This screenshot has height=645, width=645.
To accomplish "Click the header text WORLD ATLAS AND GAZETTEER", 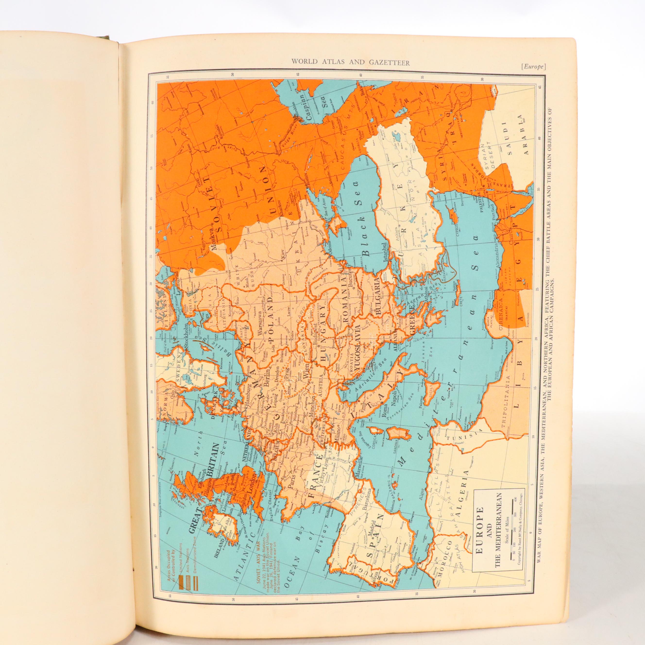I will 350,61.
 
